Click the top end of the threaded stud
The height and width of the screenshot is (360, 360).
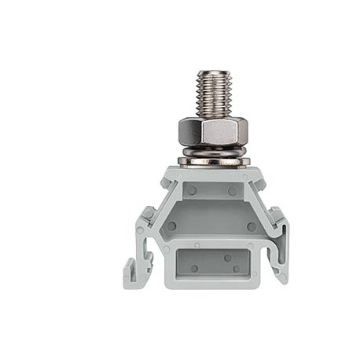click(213, 72)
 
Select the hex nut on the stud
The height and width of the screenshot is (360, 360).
click(213, 130)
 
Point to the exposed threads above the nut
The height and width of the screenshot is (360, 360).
click(213, 94)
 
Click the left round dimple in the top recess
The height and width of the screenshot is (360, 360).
click(191, 191)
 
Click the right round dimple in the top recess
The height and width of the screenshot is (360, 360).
click(233, 191)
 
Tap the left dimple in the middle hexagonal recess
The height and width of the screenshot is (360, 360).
click(171, 226)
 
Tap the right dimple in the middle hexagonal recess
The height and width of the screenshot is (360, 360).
click(252, 226)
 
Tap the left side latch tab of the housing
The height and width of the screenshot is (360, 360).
click(147, 214)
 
